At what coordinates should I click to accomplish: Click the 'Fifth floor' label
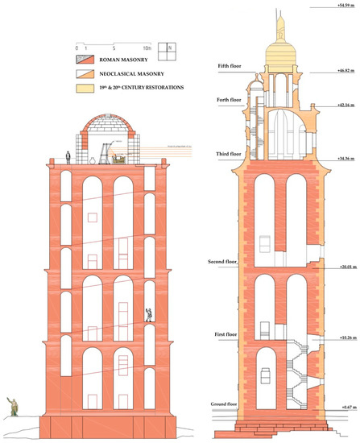pos(222,65)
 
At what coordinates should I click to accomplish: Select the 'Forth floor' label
pos(223,100)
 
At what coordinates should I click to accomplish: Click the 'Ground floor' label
pos(222,404)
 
